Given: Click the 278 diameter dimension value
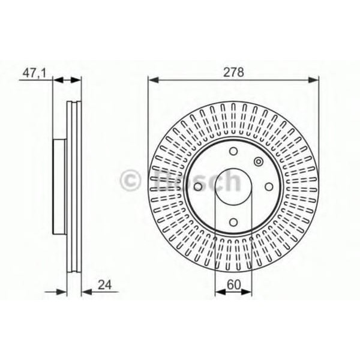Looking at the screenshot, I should pyautogui.click(x=234, y=73).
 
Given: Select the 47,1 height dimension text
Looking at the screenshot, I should pyautogui.click(x=34, y=73).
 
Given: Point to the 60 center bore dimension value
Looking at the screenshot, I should pyautogui.click(x=233, y=286).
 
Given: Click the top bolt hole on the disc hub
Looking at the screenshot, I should pyautogui.click(x=234, y=151).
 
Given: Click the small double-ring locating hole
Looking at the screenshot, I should pyautogui.click(x=258, y=161).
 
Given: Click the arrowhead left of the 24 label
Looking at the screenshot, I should pyautogui.click(x=86, y=292).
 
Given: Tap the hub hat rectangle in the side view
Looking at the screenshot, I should pyautogui.click(x=60, y=186).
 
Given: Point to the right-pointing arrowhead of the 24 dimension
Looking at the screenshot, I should pyautogui.click(x=62, y=292).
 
